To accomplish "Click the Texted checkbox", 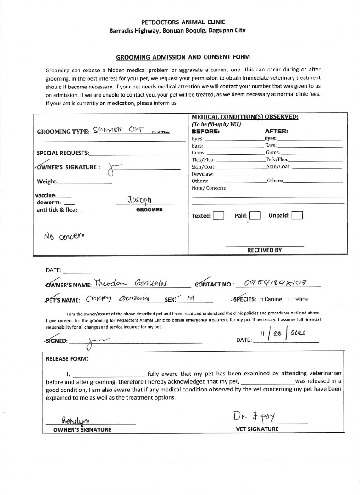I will point(218,216).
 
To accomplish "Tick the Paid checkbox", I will point(255,216).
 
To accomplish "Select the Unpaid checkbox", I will point(297,215).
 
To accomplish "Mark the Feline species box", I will point(289,300).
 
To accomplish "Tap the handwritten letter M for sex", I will point(191,298).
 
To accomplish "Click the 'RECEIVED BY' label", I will point(265,250).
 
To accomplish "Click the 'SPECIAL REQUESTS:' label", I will point(63,153).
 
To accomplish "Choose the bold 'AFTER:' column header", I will point(277,131).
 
